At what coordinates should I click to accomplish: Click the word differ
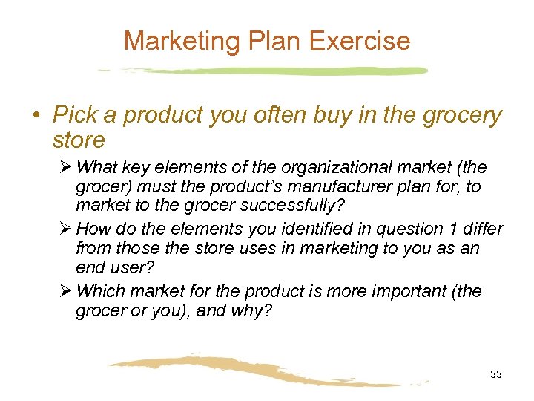pyautogui.click(x=482, y=229)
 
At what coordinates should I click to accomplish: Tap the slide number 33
pyautogui.click(x=496, y=375)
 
